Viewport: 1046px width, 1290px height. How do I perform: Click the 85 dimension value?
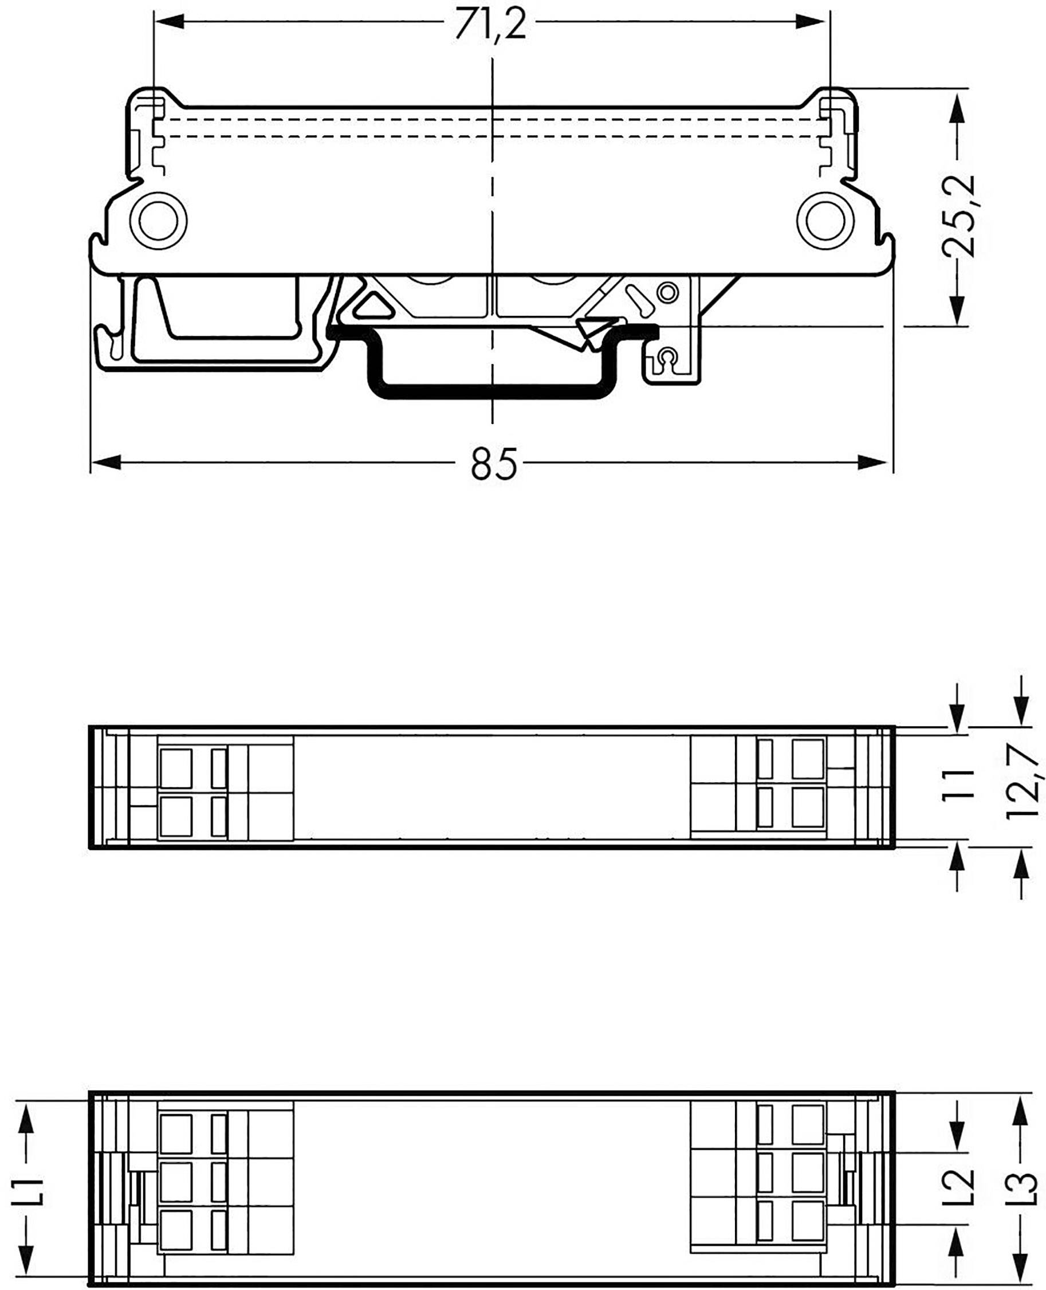click(x=493, y=464)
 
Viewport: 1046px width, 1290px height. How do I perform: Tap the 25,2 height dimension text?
click(x=958, y=216)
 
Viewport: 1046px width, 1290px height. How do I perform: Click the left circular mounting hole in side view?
click(x=159, y=221)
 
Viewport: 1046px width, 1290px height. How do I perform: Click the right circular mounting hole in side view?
click(x=825, y=221)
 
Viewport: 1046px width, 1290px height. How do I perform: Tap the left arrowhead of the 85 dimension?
click(x=106, y=463)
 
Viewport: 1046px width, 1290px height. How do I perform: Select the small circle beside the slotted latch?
click(x=667, y=293)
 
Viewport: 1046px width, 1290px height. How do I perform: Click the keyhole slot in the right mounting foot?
click(x=666, y=358)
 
